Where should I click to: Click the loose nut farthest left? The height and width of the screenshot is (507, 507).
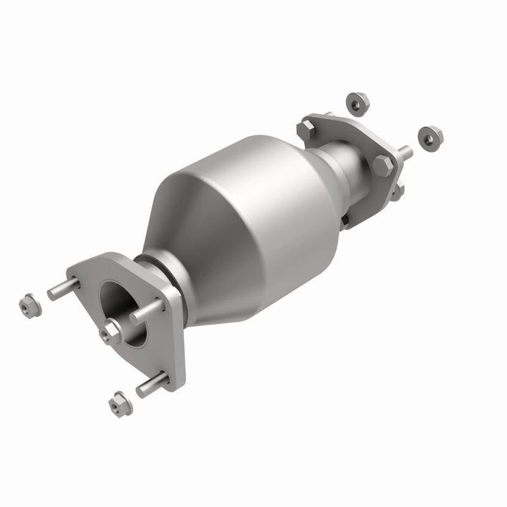(28, 306)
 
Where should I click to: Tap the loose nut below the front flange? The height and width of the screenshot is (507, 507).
(118, 404)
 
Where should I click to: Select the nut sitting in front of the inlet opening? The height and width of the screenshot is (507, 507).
(111, 332)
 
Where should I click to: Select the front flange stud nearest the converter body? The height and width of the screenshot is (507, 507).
(146, 312)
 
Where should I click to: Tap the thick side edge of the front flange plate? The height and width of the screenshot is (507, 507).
(176, 338)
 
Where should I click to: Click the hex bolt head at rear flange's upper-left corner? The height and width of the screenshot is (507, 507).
(305, 130)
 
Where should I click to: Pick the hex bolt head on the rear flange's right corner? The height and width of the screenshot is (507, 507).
(383, 165)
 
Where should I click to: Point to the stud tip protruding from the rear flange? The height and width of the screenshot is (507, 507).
(405, 151)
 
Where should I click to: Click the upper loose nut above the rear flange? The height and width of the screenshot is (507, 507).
(358, 103)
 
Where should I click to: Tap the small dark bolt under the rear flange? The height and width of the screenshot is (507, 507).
(344, 220)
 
